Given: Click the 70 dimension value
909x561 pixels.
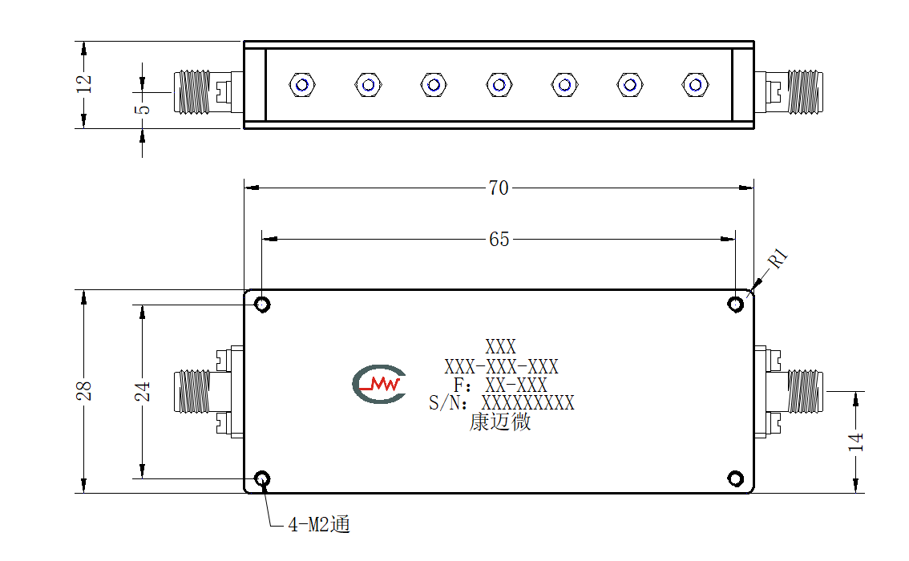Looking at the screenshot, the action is pos(499,188).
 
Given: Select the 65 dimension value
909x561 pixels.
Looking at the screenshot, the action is pos(499,239).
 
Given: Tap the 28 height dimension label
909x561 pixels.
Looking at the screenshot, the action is pos(84,390).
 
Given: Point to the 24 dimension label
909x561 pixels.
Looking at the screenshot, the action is pos(143,391).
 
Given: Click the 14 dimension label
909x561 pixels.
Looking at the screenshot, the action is pos(855,442).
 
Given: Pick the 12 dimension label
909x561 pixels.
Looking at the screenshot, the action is pos(84,83).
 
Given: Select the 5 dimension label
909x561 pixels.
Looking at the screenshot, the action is pos(143,109).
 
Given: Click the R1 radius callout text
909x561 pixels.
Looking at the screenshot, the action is pos(778,258).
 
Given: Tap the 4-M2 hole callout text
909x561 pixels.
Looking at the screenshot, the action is pos(319,524).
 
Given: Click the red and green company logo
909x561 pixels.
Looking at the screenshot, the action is pos(379,384).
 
